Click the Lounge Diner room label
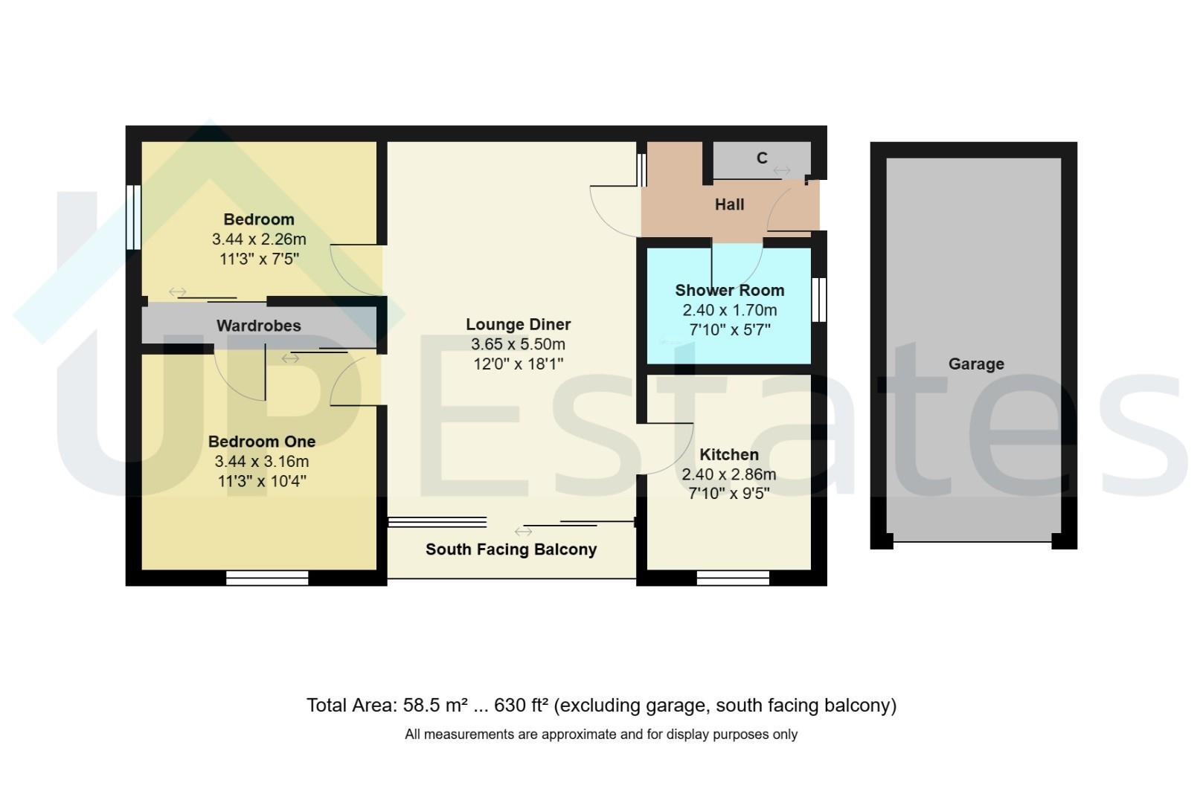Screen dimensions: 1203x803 (518, 324)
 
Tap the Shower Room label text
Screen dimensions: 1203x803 (729, 291)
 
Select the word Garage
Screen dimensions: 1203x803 (976, 364)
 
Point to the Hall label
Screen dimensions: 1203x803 (729, 204)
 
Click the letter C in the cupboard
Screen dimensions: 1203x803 (762, 158)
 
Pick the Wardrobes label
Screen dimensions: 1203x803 (258, 326)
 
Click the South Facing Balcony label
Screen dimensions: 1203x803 (511, 549)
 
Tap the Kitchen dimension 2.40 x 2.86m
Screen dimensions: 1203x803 (729, 474)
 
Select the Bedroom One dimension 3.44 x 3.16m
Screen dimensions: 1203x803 (262, 462)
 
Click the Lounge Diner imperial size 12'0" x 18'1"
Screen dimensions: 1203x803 (518, 364)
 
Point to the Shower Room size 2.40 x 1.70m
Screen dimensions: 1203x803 (729, 310)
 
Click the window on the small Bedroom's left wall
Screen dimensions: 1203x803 (134, 217)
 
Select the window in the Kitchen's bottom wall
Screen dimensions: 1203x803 (733, 578)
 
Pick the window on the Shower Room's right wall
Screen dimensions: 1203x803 (818, 300)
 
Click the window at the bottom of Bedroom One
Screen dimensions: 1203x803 (267, 578)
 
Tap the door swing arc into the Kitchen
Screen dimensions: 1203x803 (678, 459)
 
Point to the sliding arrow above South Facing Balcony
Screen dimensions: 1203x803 (523, 532)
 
